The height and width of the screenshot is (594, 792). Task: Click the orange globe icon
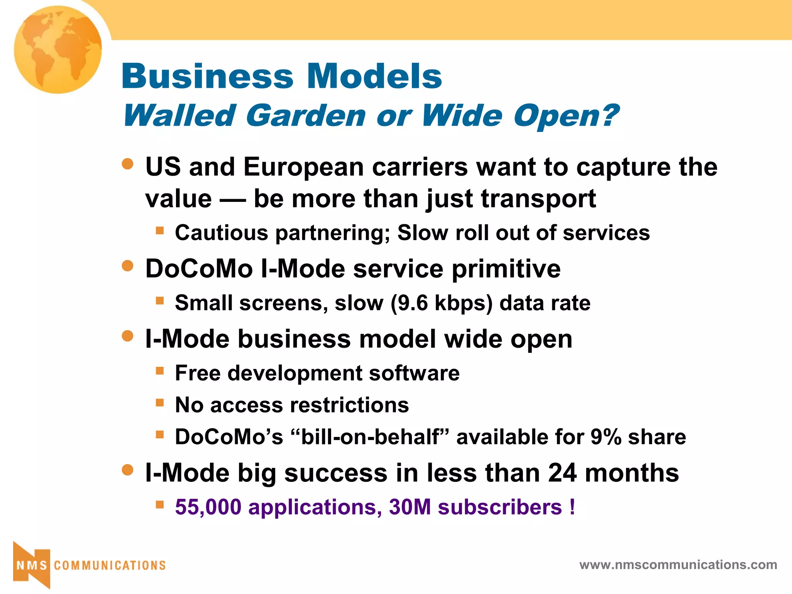pos(58,49)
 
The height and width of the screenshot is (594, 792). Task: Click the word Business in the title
pos(208,76)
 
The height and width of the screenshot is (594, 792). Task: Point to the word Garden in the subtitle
pos(306,116)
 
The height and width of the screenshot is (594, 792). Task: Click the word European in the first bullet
pos(304,167)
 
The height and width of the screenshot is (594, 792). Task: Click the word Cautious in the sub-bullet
pos(221,233)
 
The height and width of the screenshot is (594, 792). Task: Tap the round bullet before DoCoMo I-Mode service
pos(127,266)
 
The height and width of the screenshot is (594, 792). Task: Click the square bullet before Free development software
pos(160,371)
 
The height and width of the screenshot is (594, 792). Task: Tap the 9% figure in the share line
pos(606,437)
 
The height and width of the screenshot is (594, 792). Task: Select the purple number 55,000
pos(208,507)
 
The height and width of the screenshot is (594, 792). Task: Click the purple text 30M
pos(410,507)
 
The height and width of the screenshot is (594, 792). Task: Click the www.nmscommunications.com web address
pos(678,565)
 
